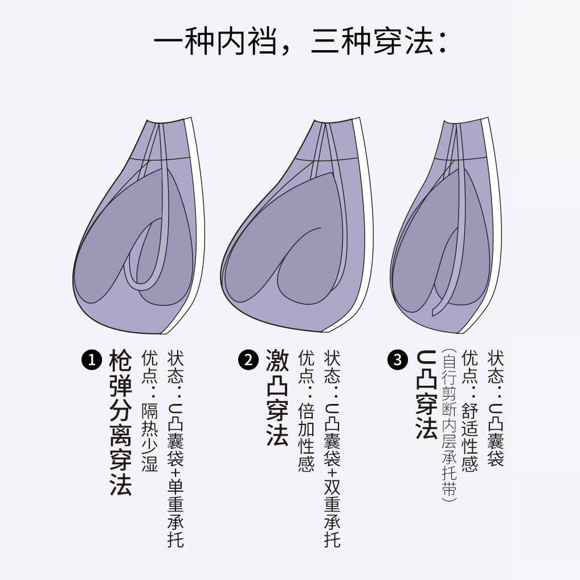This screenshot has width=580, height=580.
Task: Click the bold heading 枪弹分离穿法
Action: pos(120,422)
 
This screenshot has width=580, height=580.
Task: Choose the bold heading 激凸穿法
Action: pos(277,398)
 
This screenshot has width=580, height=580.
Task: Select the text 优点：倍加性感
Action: pos(306,411)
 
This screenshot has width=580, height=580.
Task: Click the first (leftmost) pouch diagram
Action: pos(139,228)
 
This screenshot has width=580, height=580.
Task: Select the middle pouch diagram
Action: pos(293,228)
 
